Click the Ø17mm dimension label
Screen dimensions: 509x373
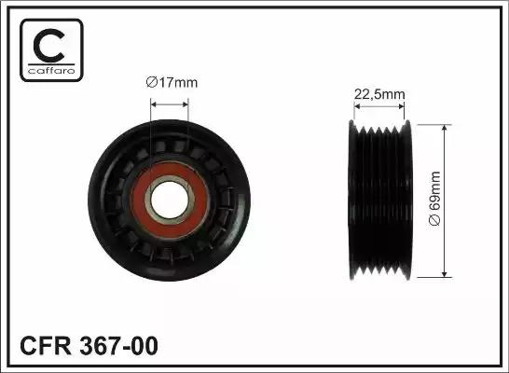172,82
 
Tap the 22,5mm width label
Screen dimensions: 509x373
379,94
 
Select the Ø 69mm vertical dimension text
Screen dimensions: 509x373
434,198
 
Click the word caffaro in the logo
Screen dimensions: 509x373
51,71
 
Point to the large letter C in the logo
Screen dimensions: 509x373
48,46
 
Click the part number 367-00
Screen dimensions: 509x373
118,346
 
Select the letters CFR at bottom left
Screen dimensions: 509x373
46,346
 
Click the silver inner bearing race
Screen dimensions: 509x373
170,179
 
